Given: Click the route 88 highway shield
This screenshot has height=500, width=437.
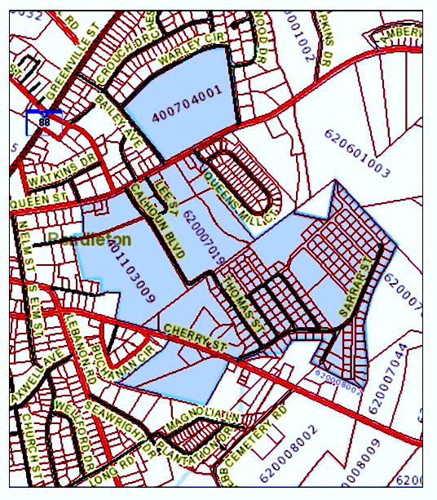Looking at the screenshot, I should coord(43,122).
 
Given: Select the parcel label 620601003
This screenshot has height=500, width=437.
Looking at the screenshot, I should coord(356,153).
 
